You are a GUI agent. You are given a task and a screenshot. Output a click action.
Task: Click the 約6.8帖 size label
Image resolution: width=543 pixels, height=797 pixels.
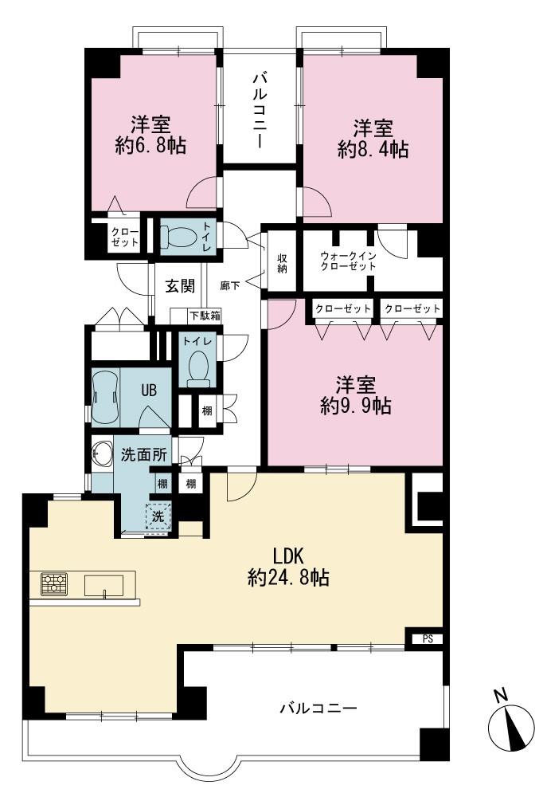click(x=150, y=146)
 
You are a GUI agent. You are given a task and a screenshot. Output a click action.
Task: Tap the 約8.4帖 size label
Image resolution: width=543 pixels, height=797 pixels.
click(x=373, y=150)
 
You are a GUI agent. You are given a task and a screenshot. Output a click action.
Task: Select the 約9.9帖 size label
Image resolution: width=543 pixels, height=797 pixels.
click(x=356, y=406)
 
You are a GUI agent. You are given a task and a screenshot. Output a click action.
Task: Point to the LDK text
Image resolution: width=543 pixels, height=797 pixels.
click(x=288, y=556)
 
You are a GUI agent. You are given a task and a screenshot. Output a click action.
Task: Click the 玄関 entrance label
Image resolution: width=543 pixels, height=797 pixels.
click(x=180, y=286)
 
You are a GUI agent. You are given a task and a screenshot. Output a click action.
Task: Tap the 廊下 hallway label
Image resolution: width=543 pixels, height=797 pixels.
click(x=230, y=285)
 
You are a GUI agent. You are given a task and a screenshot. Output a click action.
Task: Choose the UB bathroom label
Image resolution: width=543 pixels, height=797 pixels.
click(x=149, y=391)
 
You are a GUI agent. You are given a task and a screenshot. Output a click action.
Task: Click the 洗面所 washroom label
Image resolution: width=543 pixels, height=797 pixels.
click(x=144, y=454)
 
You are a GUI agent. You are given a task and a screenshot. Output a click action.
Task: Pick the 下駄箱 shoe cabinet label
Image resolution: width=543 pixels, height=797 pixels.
click(x=205, y=315)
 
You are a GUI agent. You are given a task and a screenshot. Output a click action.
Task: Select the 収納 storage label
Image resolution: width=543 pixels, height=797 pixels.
click(x=282, y=263)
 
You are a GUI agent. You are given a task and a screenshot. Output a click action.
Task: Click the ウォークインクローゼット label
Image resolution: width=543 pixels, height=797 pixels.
click(x=348, y=261)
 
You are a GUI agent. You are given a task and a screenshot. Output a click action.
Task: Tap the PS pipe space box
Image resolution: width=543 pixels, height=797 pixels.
click(x=428, y=639)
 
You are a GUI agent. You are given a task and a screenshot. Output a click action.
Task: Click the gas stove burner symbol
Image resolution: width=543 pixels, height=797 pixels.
click(x=54, y=584)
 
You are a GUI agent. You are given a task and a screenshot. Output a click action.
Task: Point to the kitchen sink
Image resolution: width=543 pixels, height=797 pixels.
click(x=104, y=585)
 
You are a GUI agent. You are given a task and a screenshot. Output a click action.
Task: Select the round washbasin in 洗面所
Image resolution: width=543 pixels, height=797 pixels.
click(x=101, y=454)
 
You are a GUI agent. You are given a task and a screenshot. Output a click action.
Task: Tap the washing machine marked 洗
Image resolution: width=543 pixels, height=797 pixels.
click(x=158, y=516)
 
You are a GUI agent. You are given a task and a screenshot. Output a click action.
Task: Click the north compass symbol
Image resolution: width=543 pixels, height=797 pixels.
click(x=511, y=724)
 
